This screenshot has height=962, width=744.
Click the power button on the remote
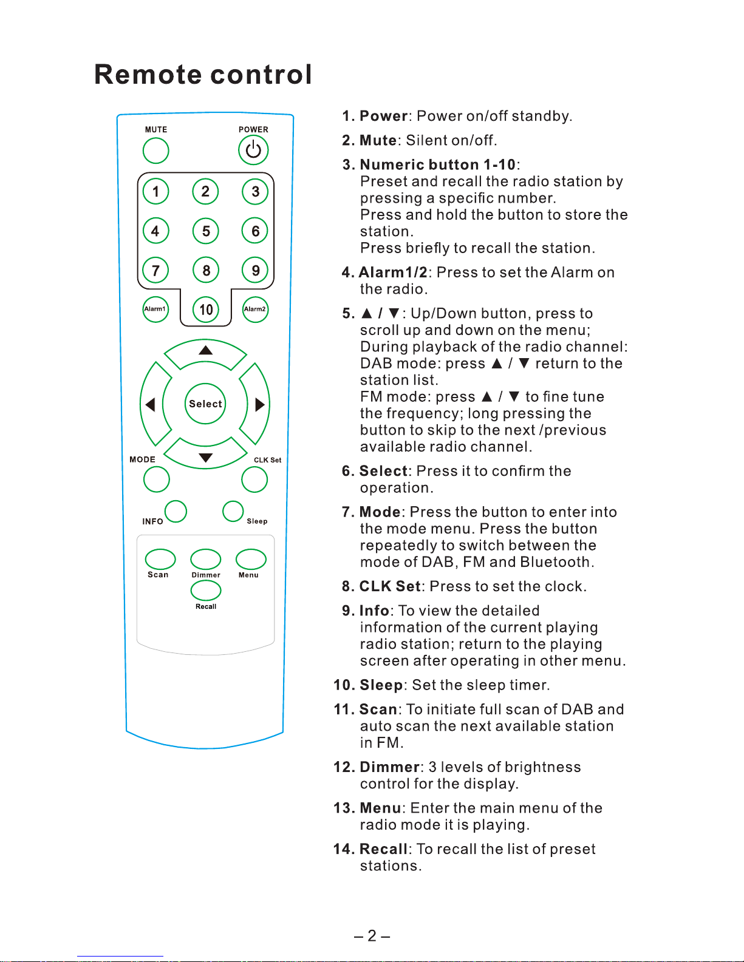(253, 150)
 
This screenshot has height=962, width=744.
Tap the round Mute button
(155, 151)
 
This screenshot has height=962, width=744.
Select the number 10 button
(206, 310)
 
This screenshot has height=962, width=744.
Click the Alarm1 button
(155, 310)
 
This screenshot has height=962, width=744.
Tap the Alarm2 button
(255, 310)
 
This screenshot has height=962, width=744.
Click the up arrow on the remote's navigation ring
(206, 350)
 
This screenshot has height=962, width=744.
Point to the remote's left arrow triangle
(150, 404)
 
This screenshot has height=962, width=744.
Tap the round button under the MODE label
(156, 479)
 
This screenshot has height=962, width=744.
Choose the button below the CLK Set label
(254, 479)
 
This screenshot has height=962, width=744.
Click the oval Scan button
(160, 559)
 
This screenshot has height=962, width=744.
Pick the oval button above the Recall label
(206, 591)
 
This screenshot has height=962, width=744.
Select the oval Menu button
(251, 559)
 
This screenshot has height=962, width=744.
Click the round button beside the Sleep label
(233, 511)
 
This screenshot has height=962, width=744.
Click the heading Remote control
(203, 75)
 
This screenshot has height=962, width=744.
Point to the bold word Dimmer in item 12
(389, 767)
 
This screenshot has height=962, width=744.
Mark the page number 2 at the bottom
(372, 935)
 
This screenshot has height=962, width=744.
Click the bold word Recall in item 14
(383, 849)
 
